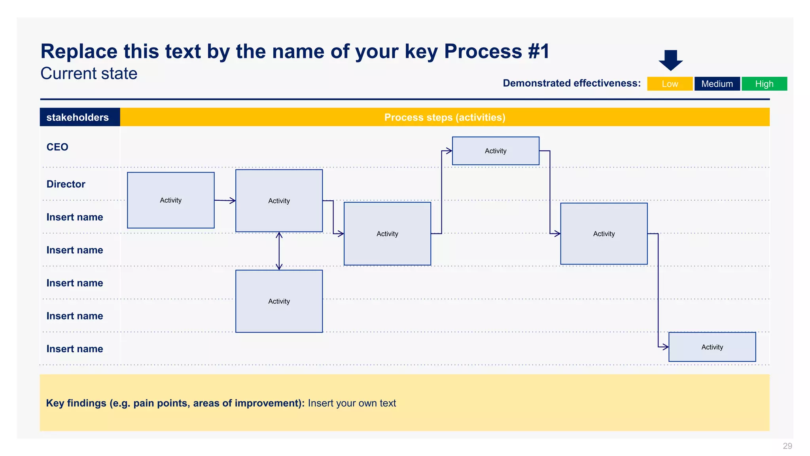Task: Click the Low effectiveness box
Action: pyautogui.click(x=670, y=84)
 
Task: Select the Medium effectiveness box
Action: pyautogui.click(x=717, y=84)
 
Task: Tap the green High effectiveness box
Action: pyautogui.click(x=764, y=84)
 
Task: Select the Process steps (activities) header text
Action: pyautogui.click(x=445, y=117)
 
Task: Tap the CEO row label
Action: pyautogui.click(x=57, y=147)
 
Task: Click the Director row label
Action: pyautogui.click(x=66, y=184)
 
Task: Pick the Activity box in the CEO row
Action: pyautogui.click(x=495, y=151)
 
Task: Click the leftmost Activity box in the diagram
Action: pyautogui.click(x=170, y=200)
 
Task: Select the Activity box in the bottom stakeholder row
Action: pyautogui.click(x=712, y=347)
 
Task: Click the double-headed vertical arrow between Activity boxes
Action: pyautogui.click(x=279, y=251)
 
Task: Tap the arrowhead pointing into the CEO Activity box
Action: pyautogui.click(x=449, y=151)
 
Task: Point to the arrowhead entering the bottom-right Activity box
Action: pyautogui.click(x=665, y=347)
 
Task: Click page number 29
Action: pyautogui.click(x=787, y=446)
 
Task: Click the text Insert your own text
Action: pyautogui.click(x=352, y=403)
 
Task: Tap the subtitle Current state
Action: pyautogui.click(x=89, y=74)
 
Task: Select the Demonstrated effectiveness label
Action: pyautogui.click(x=572, y=83)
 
